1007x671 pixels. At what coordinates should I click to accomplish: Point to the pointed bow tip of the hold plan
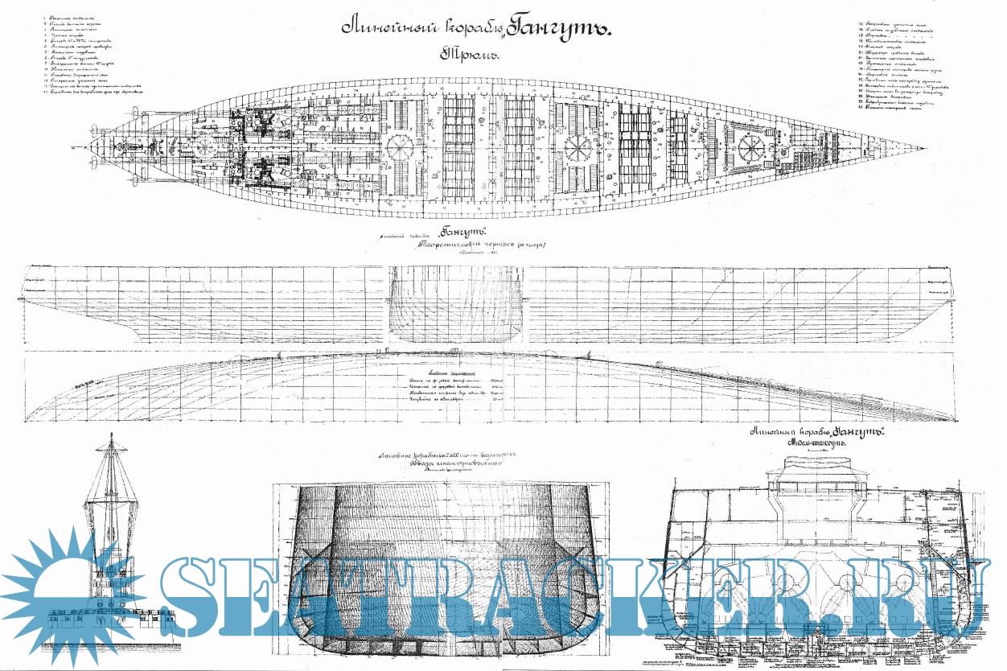click(923, 149)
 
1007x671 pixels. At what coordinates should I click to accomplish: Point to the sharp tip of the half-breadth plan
click(956, 418)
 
